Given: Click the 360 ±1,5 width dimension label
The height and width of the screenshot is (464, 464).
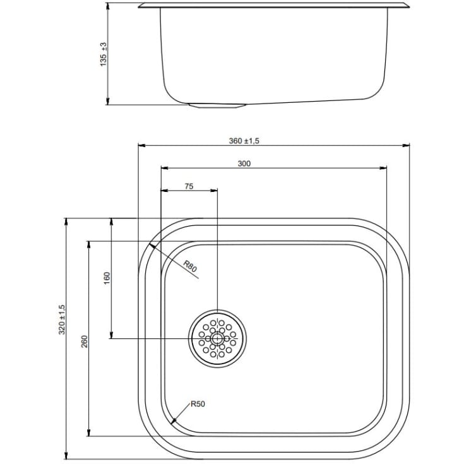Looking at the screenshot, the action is click(x=244, y=141).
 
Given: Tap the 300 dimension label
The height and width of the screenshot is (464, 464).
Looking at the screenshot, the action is click(x=244, y=164).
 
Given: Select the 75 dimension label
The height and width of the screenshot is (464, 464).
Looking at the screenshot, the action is click(x=189, y=186).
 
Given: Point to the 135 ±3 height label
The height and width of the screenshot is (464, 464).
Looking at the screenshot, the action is click(x=104, y=54).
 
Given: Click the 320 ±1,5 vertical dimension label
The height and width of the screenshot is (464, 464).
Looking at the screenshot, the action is click(x=62, y=319).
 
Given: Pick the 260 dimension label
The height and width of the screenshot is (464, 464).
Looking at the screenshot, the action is click(x=85, y=341).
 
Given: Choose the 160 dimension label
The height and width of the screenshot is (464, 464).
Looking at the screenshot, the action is click(x=107, y=278).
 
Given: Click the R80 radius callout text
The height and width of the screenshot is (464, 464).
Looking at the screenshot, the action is click(x=189, y=266).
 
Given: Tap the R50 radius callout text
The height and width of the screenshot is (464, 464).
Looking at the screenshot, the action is click(x=198, y=404).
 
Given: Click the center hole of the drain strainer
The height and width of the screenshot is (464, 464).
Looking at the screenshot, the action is click(x=218, y=338).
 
